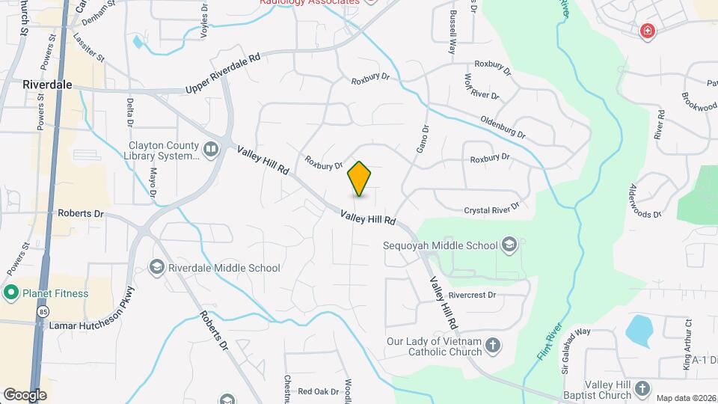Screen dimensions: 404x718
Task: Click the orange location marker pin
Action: (x=360, y=178)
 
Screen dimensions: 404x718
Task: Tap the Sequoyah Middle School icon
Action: (x=509, y=245)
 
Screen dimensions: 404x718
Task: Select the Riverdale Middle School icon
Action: (x=157, y=267)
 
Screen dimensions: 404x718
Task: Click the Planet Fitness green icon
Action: (x=11, y=293)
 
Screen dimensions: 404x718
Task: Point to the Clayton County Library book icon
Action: (x=212, y=150)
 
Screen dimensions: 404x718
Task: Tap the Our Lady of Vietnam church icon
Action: (x=492, y=345)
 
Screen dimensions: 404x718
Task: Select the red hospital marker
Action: (x=647, y=31)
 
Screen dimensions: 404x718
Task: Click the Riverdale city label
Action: (x=47, y=85)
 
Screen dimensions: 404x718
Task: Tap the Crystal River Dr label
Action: (x=491, y=209)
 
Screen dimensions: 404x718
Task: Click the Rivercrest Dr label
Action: (x=473, y=295)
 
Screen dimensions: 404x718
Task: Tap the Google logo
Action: (x=25, y=394)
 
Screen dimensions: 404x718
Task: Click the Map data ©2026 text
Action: (x=685, y=398)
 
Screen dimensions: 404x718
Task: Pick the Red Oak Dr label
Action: (x=319, y=391)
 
